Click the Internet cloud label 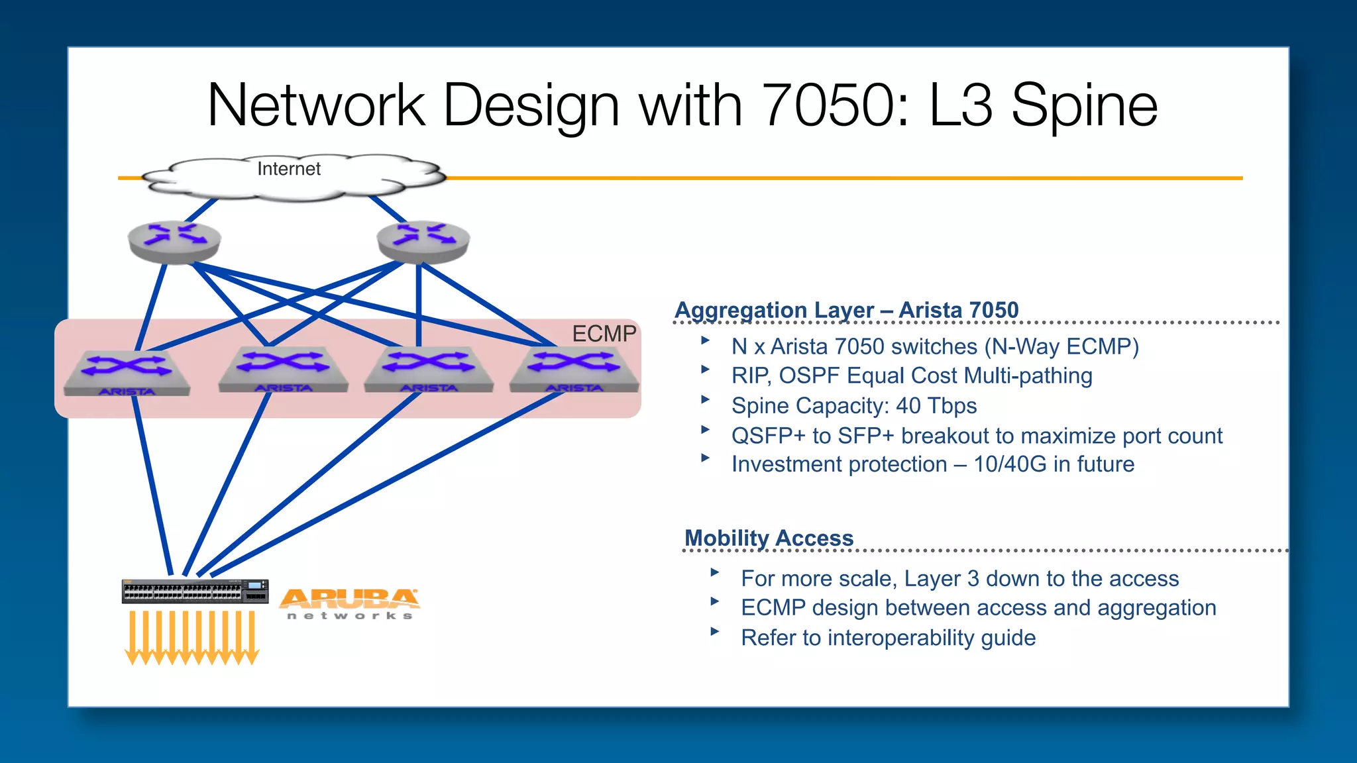point(288,169)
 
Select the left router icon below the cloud point(174,242)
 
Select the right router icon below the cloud point(423,242)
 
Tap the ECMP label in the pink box point(604,334)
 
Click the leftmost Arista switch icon point(127,373)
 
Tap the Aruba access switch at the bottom point(195,591)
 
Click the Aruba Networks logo point(349,603)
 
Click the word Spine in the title point(1084,106)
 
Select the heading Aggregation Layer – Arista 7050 point(846,310)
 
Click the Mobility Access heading point(769,538)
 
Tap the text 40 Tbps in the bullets point(936,405)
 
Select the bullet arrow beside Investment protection point(706,458)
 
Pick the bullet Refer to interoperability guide point(888,637)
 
